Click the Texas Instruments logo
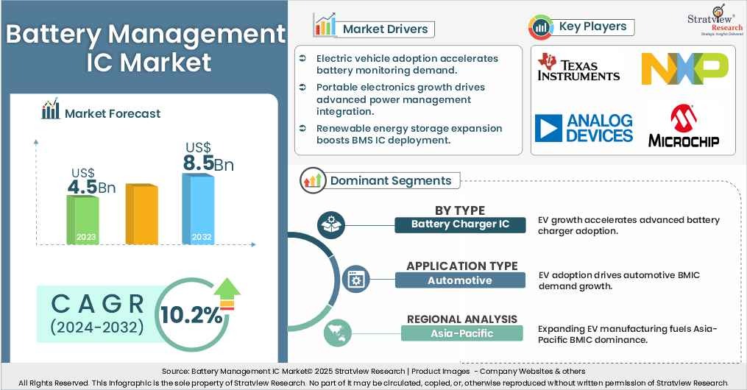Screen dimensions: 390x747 click(x=578, y=67)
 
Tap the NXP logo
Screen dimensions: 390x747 click(x=684, y=68)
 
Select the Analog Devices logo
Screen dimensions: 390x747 click(x=584, y=128)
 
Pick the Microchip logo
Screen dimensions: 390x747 click(x=684, y=127)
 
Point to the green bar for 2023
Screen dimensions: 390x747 click(x=82, y=219)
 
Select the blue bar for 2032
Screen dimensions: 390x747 click(x=198, y=209)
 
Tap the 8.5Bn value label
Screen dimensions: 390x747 click(x=208, y=157)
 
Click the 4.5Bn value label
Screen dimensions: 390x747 click(x=91, y=182)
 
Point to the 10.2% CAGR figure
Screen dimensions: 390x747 click(x=191, y=315)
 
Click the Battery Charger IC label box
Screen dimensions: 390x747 click(x=460, y=224)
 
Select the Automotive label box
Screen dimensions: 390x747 click(x=460, y=280)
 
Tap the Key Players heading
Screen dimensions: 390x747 click(x=592, y=26)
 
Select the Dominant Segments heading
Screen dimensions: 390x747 click(x=390, y=180)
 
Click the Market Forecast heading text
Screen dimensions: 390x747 click(x=113, y=113)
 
